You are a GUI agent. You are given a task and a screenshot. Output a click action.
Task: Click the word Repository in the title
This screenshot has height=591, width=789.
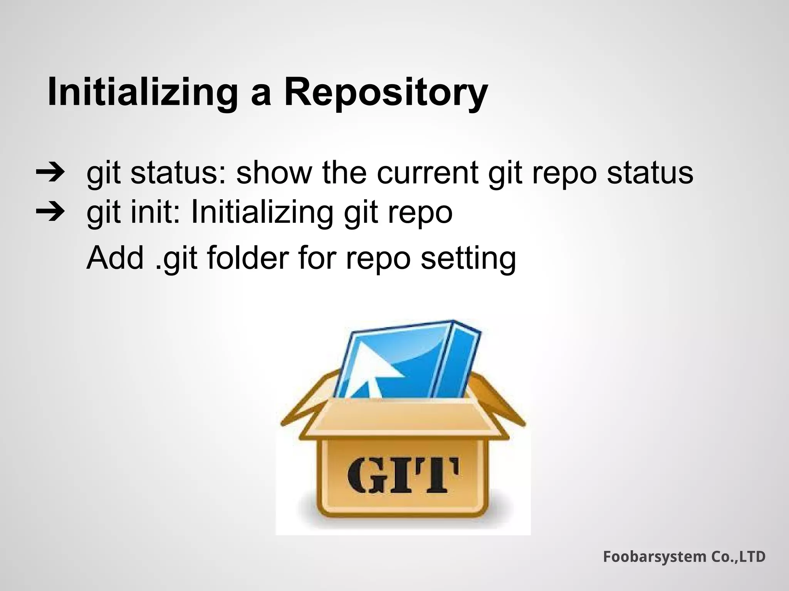(x=386, y=93)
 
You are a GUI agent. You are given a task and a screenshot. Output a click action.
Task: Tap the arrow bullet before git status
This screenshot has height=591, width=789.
(x=50, y=173)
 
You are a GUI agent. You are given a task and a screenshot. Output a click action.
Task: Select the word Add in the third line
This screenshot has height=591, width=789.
(x=115, y=259)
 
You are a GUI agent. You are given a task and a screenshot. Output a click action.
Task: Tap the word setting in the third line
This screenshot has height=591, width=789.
(x=468, y=259)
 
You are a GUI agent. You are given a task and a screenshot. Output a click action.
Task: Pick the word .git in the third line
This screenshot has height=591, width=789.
(x=177, y=259)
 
